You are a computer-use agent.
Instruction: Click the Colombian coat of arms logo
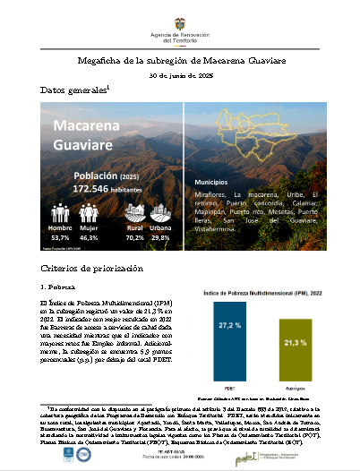[179, 13]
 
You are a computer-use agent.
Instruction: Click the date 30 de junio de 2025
[179, 76]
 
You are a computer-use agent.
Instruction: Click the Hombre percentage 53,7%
[60, 238]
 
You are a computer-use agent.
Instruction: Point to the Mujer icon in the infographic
[89, 213]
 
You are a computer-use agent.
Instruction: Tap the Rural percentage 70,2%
[134, 238]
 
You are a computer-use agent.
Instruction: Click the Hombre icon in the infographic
[60, 213]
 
